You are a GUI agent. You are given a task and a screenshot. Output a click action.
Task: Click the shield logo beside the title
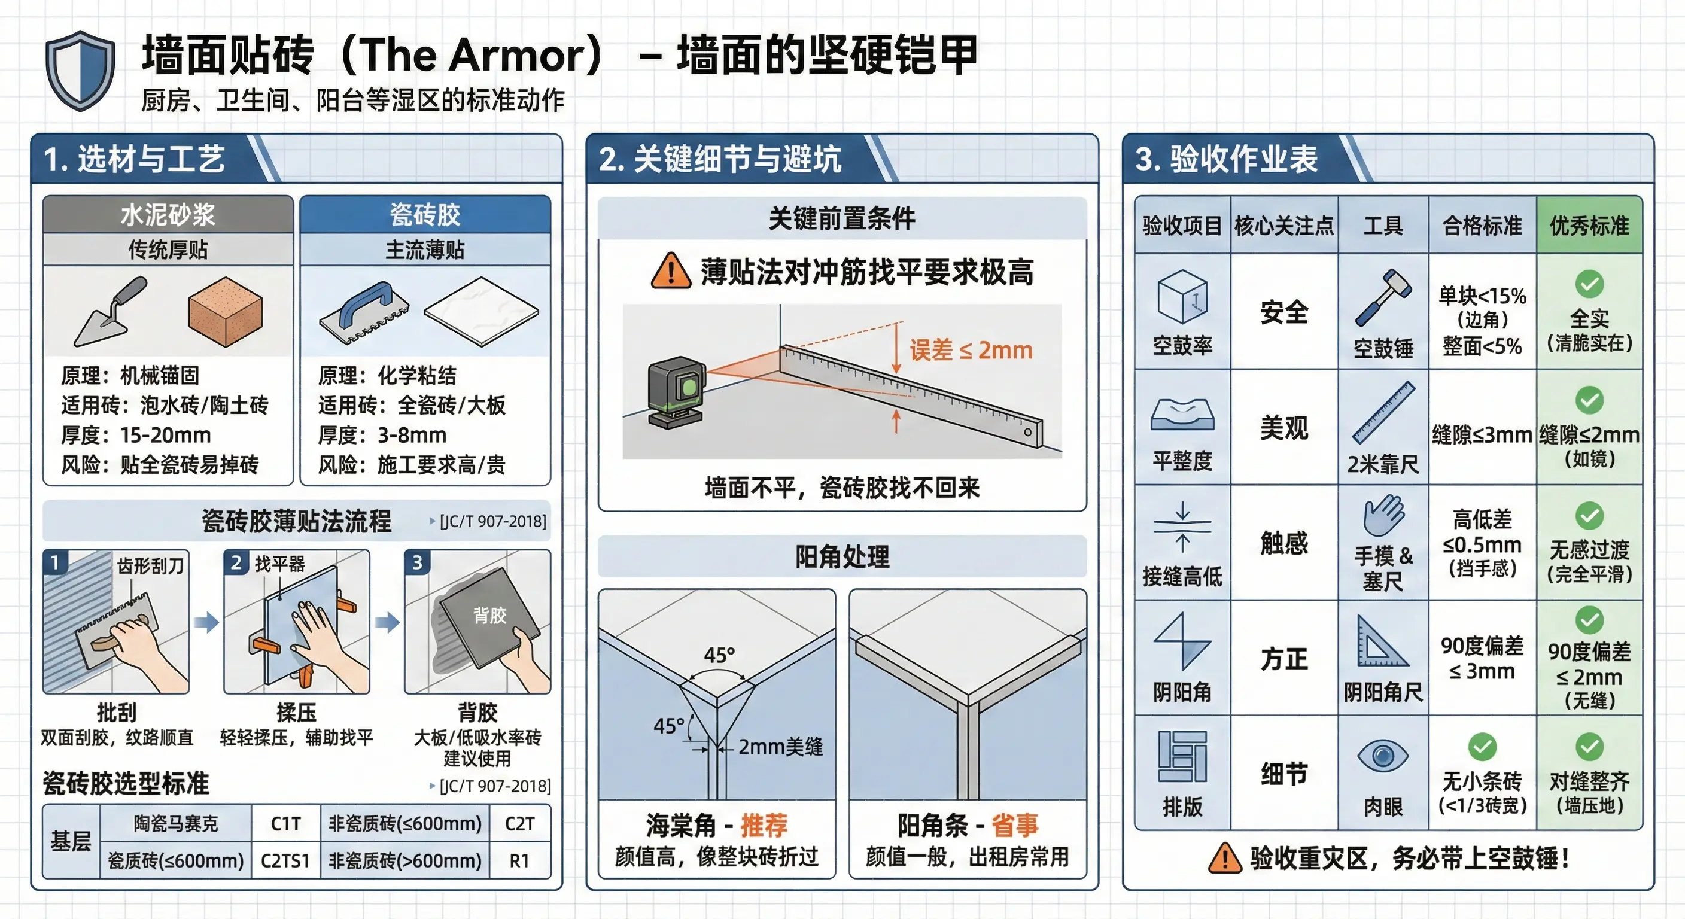coord(80,70)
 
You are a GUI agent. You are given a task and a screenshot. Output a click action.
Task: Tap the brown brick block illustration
coord(225,311)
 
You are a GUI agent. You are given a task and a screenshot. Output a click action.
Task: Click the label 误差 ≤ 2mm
coord(971,351)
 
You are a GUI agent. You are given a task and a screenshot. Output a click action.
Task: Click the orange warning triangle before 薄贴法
coord(670,271)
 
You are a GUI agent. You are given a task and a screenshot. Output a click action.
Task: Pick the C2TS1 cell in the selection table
coord(285,860)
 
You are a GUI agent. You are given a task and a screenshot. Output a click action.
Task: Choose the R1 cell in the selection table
coord(519,860)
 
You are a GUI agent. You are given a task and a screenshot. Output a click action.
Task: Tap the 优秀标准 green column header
coord(1589,225)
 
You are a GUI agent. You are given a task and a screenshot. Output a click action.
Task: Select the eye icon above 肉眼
coord(1383,756)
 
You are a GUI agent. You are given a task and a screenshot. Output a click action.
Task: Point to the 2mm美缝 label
coord(780,746)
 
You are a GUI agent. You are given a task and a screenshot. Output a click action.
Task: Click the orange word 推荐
coord(764,825)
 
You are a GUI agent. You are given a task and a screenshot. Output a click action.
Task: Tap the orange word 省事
coord(1015,825)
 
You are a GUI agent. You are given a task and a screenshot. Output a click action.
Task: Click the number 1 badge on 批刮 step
coord(55,562)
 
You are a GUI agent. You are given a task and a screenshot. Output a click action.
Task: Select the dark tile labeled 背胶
coord(489,618)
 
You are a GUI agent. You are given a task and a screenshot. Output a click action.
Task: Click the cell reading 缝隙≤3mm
coord(1482,434)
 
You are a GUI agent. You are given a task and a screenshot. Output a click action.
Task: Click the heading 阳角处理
coord(842,556)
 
